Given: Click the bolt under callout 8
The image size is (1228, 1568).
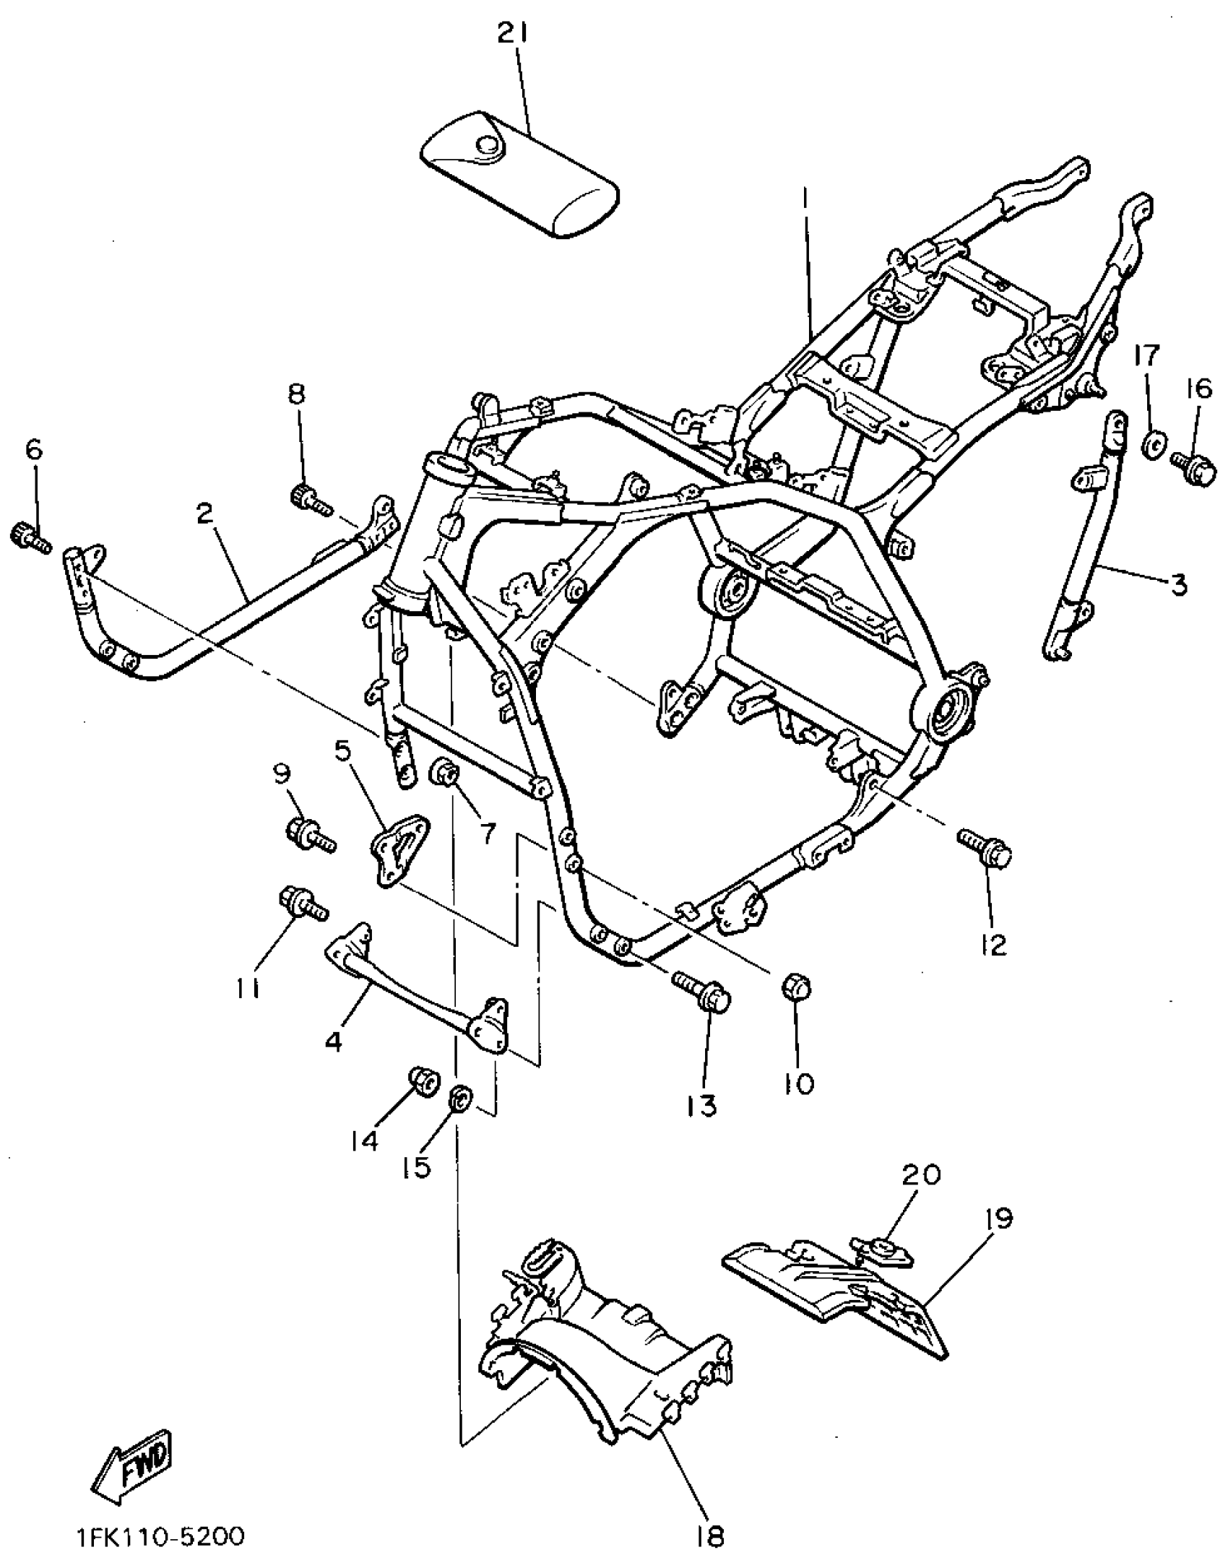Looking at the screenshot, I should pyautogui.click(x=309, y=499).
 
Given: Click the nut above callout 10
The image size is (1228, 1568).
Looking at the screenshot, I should pyautogui.click(x=797, y=987).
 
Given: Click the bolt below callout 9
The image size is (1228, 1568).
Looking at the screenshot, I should pyautogui.click(x=311, y=835).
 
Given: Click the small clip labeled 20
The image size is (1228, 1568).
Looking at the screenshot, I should pyautogui.click(x=883, y=1251).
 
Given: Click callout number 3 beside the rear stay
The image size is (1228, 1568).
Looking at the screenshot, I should pyautogui.click(x=1178, y=583).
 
